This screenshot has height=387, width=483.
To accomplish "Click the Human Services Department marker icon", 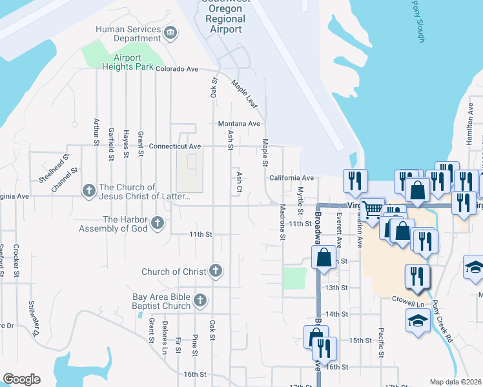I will point(171,34).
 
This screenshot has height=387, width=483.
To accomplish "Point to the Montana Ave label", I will point(238,124).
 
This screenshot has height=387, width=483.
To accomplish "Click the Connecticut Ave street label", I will point(175,146).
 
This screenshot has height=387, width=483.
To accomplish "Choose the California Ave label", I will point(291,178).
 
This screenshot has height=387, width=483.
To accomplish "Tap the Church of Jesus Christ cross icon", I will point(89,190).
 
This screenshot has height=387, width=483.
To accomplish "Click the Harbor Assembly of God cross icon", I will point(157,224).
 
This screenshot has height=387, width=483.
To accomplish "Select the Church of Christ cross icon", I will point(216,272).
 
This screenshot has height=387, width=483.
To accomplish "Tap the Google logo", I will point(21,379).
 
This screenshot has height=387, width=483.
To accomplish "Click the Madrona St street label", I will point(283,223).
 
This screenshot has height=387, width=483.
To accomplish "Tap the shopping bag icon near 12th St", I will point(324,257).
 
